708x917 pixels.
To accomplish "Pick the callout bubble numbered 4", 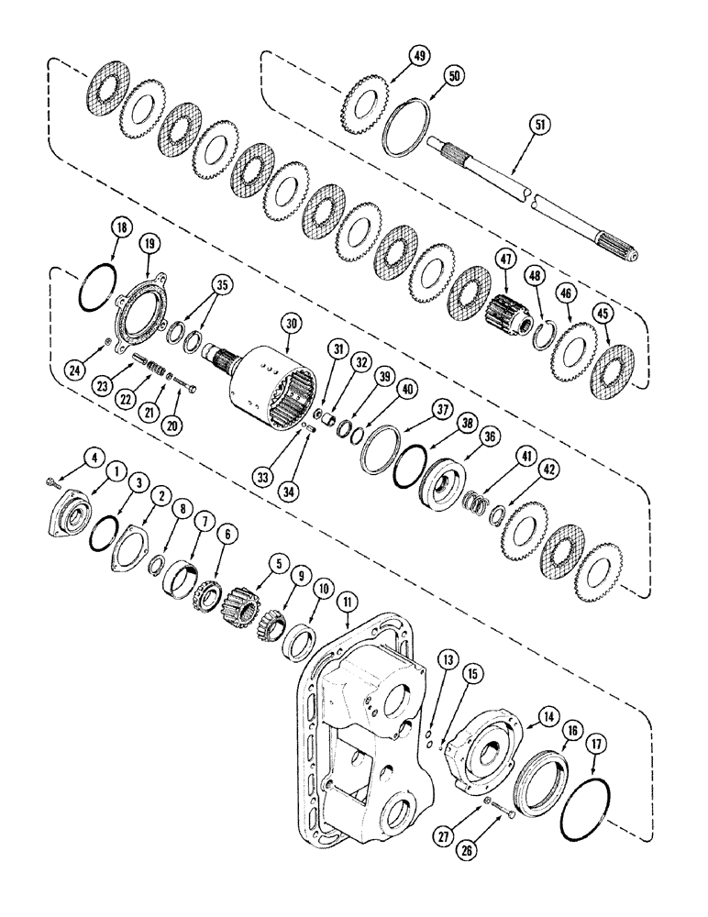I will point(93,456).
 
